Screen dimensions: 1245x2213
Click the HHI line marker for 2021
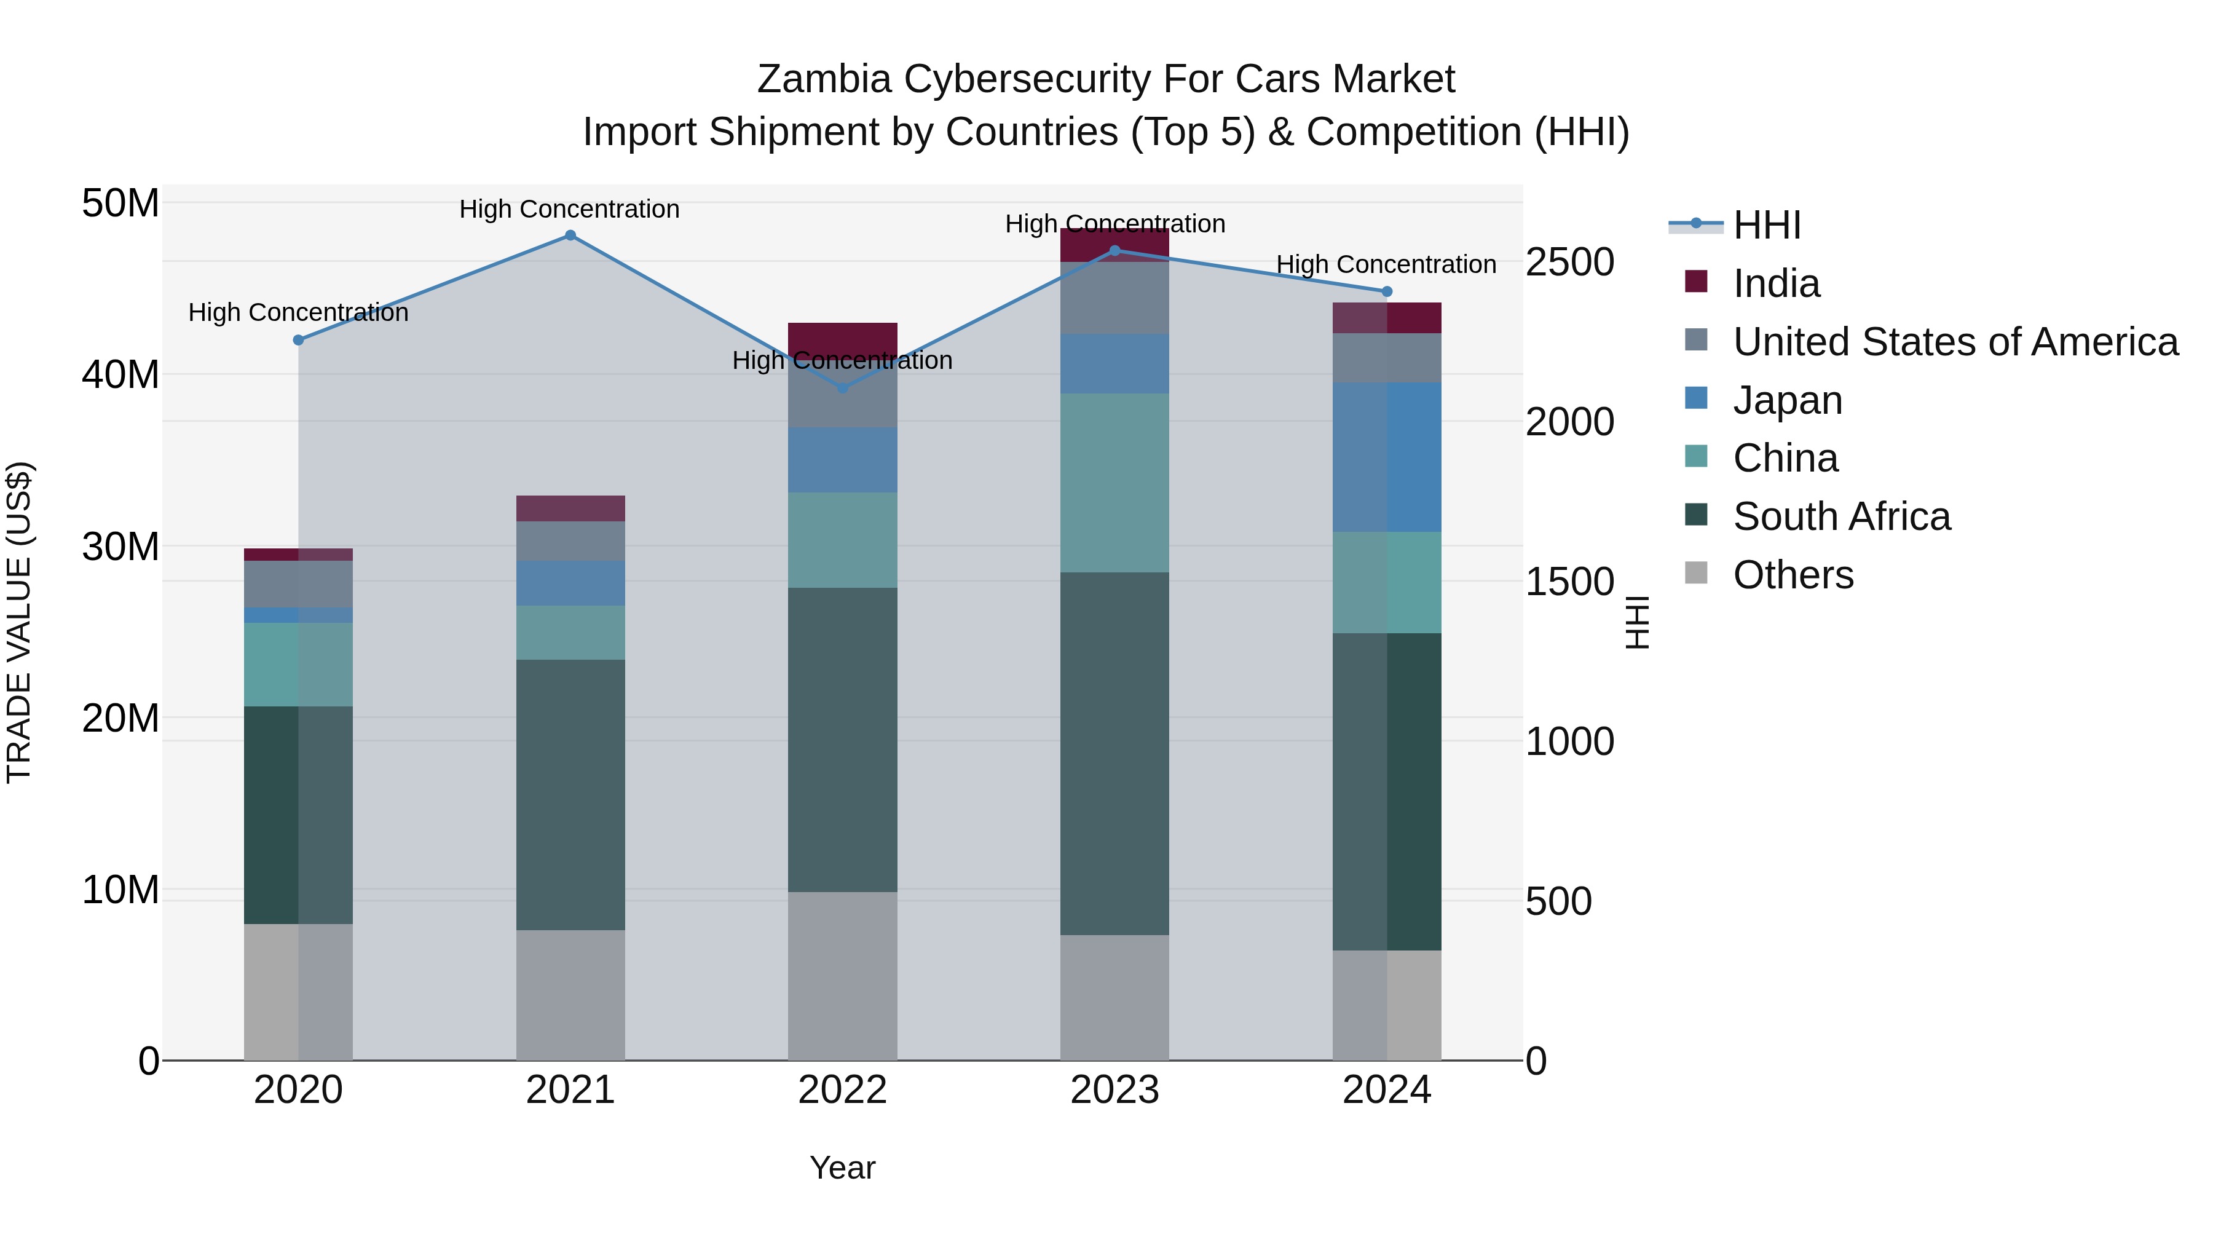click(570, 235)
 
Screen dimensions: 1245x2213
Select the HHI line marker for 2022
click(843, 389)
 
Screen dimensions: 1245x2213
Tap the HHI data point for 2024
click(1387, 292)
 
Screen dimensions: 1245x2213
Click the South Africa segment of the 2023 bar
click(1114, 754)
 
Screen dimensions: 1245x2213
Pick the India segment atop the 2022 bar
click(843, 337)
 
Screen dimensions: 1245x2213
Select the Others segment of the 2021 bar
click(570, 995)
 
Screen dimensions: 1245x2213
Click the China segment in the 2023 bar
click(1114, 483)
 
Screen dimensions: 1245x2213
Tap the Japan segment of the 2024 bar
click(1387, 457)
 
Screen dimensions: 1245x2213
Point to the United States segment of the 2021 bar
click(570, 541)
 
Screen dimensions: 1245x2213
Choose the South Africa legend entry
click(1841, 516)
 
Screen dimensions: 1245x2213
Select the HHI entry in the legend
click(1766, 225)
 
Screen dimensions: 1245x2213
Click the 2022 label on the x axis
click(843, 1090)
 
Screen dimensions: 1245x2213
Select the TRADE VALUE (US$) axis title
click(19, 622)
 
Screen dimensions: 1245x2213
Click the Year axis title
click(843, 1168)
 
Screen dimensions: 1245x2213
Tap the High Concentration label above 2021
click(570, 209)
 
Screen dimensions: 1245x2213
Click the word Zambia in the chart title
click(824, 79)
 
